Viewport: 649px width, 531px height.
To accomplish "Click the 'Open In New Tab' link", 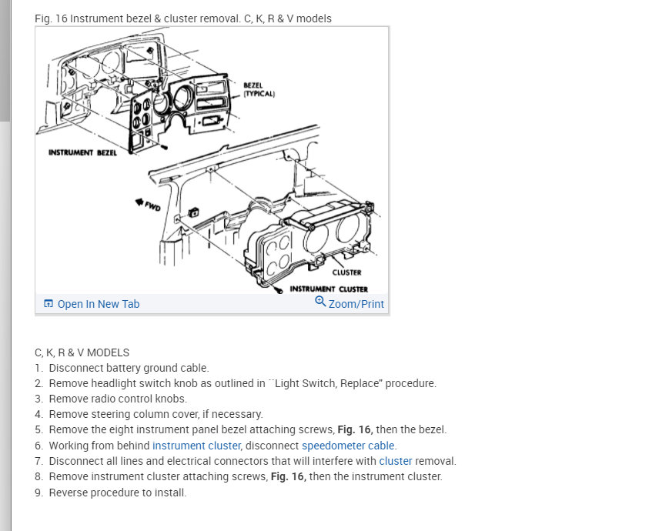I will click(98, 304).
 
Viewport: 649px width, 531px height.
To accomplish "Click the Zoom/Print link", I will click(356, 304).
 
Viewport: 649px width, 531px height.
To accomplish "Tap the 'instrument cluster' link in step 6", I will click(196, 446).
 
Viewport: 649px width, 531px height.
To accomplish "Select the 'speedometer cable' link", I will click(348, 446).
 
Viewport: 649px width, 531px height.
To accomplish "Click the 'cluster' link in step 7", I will click(395, 461).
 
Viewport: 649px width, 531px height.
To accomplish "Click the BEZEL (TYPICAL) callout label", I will click(259, 89).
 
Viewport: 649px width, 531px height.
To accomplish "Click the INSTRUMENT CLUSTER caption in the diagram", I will click(328, 289).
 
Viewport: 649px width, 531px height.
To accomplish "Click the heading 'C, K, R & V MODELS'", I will click(82, 352).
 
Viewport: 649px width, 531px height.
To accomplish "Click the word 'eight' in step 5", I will click(122, 429).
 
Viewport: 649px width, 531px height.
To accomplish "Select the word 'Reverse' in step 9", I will click(69, 492).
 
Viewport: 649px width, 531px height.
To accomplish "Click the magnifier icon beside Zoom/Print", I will click(320, 302).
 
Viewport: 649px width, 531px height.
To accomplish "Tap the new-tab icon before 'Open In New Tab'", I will click(49, 304).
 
